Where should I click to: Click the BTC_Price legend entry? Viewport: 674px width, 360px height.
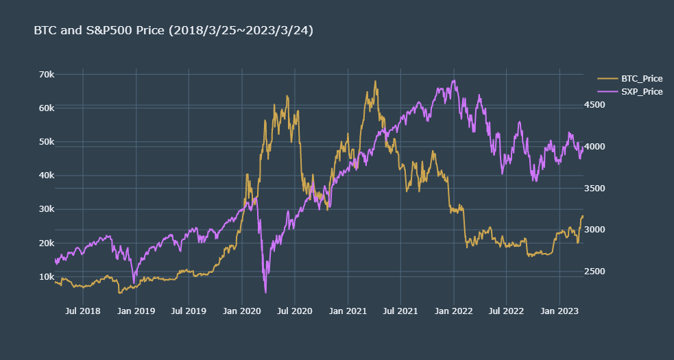coord(641,79)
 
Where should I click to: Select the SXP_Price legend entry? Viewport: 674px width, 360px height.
coord(641,91)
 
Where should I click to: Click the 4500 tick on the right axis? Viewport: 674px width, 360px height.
coord(594,105)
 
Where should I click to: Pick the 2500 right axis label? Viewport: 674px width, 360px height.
coord(594,272)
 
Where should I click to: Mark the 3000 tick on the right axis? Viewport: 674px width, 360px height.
coord(594,230)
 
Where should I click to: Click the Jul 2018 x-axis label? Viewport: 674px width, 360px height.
coord(83,311)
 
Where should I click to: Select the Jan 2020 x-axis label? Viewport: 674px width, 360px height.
coord(242,311)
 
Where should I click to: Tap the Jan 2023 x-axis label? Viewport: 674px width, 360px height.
coord(559,311)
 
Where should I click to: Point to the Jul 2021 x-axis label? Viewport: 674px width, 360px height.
coord(400,311)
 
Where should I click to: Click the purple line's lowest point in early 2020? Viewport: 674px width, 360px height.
coord(265,292)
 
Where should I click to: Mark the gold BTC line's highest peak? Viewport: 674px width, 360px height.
coord(375,81)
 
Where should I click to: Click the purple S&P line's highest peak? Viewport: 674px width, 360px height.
coord(454,80)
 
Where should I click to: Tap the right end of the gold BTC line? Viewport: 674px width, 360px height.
coord(583,216)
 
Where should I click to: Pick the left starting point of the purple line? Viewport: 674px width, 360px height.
coord(55,260)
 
